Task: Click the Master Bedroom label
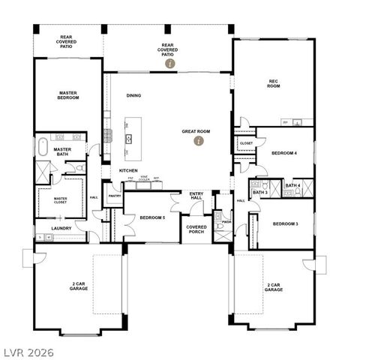68,95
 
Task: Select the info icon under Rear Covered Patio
170,64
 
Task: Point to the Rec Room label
274,83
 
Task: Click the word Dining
133,95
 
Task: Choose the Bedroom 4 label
284,153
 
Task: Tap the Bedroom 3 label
284,223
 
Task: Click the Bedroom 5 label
151,218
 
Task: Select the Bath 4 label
292,185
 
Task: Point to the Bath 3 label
259,193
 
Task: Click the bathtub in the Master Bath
43,145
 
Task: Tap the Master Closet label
61,200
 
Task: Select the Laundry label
61,228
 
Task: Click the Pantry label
115,196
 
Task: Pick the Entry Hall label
196,195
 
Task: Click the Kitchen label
128,170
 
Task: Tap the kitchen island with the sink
129,138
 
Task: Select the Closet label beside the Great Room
246,142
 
